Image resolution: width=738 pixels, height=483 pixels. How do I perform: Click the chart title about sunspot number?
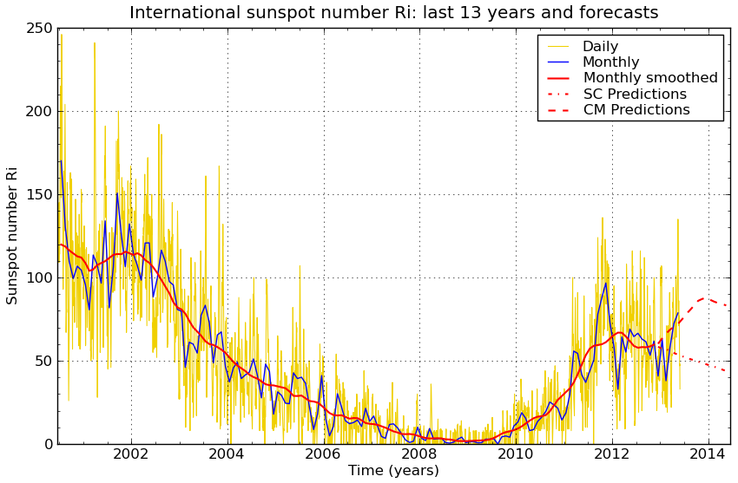(x=393, y=13)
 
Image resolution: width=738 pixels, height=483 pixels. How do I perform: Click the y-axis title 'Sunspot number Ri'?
(x=12, y=235)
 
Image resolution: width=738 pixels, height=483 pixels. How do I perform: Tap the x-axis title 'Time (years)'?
(x=393, y=471)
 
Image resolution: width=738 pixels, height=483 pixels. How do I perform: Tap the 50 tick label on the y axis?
(x=41, y=361)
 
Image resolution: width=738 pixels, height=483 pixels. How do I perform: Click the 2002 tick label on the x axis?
(x=131, y=454)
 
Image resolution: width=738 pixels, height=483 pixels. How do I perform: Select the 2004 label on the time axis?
(x=227, y=454)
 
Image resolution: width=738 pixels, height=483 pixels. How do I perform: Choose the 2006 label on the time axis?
(x=323, y=454)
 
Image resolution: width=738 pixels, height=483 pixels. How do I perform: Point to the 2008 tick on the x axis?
(x=419, y=454)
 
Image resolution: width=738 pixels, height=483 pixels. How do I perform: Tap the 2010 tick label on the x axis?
(x=516, y=454)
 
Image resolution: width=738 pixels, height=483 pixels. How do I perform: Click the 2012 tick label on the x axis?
(x=611, y=454)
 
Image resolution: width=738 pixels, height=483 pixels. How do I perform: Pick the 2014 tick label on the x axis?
(x=708, y=454)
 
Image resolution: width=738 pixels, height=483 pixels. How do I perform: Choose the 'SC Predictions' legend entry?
(x=635, y=95)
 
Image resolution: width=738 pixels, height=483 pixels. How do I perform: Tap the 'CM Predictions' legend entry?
(x=636, y=110)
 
